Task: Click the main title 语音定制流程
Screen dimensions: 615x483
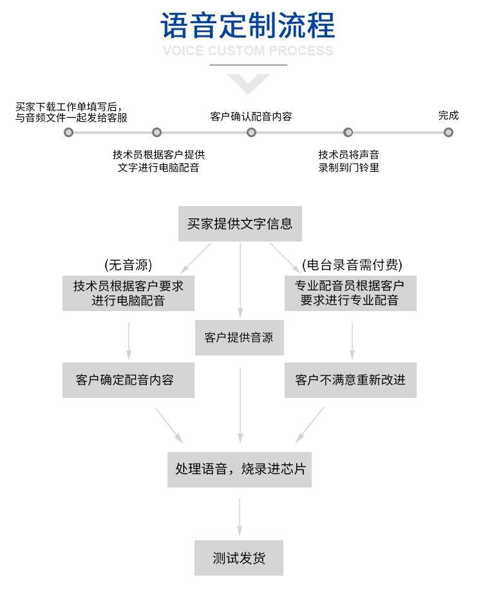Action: click(248, 26)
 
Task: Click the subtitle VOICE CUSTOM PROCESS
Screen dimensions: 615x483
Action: click(248, 51)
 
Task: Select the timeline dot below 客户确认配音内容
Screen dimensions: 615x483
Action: click(251, 132)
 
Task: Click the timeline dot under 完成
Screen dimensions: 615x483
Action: click(448, 132)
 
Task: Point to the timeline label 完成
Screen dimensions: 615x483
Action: click(448, 115)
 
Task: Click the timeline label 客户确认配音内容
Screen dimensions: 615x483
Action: click(251, 117)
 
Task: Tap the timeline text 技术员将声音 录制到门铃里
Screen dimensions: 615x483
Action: click(348, 161)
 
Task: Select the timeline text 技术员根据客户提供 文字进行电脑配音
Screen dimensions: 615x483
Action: click(158, 161)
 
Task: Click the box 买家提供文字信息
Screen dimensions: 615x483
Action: click(240, 224)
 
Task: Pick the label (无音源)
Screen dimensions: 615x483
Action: click(128, 265)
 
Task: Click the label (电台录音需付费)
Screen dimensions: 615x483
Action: click(352, 265)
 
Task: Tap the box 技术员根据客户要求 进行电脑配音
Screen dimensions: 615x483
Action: click(128, 293)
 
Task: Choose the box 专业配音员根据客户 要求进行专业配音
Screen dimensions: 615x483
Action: click(350, 293)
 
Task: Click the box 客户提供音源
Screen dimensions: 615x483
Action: click(240, 337)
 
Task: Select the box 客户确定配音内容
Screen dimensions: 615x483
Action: click(128, 380)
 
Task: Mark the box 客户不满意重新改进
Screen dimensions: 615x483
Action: click(350, 380)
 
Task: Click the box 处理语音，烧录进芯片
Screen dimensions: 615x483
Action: click(240, 469)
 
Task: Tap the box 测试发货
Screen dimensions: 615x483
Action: click(239, 558)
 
